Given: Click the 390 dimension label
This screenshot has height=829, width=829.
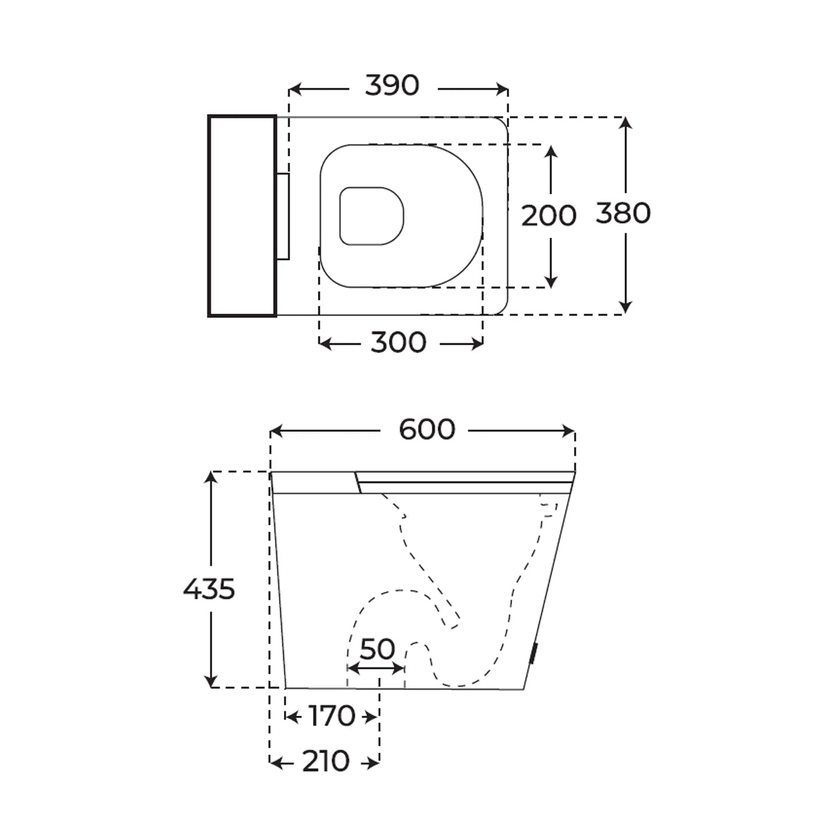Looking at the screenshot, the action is [x=392, y=85].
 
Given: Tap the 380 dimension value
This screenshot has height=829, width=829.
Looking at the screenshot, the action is [x=623, y=213].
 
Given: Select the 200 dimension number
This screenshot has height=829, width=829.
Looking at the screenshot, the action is [x=549, y=216].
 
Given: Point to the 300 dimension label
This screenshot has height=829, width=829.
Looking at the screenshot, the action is [x=399, y=343].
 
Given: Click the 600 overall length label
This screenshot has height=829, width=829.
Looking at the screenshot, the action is [x=427, y=429].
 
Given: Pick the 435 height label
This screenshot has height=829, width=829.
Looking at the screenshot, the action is [x=209, y=589].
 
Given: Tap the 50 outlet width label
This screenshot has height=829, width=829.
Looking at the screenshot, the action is [x=377, y=649].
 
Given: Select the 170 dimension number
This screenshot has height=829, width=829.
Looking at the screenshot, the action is [x=332, y=716].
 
